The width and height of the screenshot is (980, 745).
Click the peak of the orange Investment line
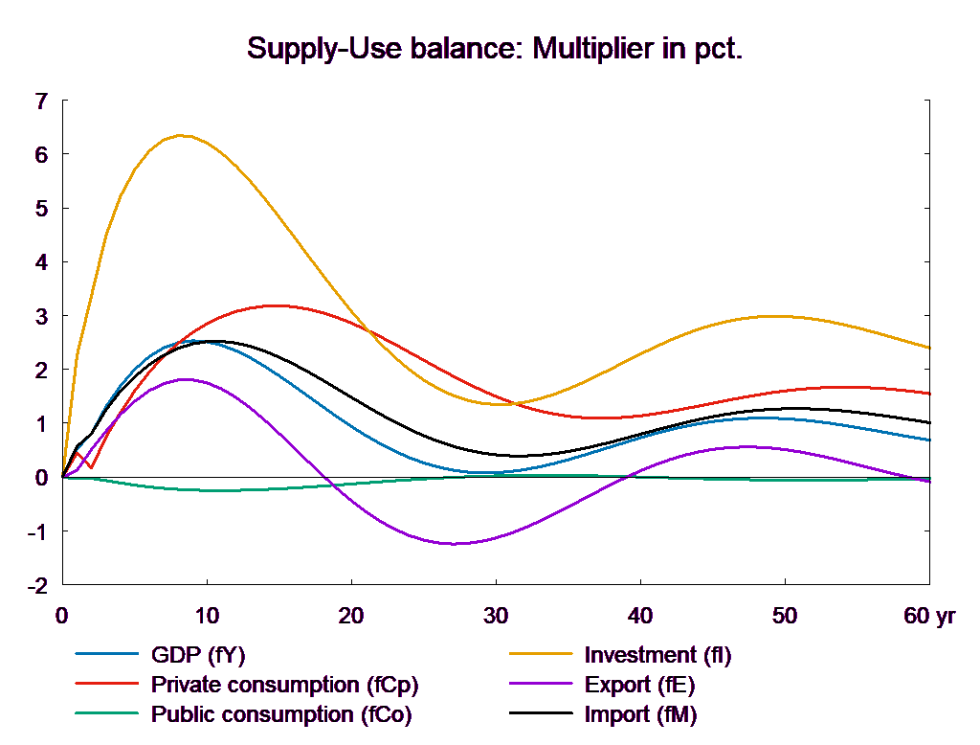click(x=181, y=135)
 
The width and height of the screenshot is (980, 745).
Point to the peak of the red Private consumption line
click(x=276, y=305)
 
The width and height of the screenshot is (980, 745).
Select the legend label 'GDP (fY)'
click(x=198, y=655)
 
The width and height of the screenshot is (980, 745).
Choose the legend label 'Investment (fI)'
click(x=657, y=655)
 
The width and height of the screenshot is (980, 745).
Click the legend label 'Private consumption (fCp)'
click(x=285, y=685)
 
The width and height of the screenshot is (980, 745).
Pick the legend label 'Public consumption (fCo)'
click(x=281, y=714)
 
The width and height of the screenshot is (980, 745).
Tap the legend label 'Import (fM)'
click(x=640, y=714)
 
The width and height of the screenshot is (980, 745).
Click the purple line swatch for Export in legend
click(x=542, y=685)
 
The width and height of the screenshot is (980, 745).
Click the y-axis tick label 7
click(x=41, y=101)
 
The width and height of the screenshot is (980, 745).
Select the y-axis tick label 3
click(x=41, y=316)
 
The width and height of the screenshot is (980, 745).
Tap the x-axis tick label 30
click(x=495, y=617)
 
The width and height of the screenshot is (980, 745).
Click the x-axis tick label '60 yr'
click(x=929, y=617)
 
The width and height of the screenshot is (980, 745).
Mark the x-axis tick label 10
click(x=207, y=617)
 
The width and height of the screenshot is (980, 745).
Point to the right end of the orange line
click(x=930, y=348)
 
